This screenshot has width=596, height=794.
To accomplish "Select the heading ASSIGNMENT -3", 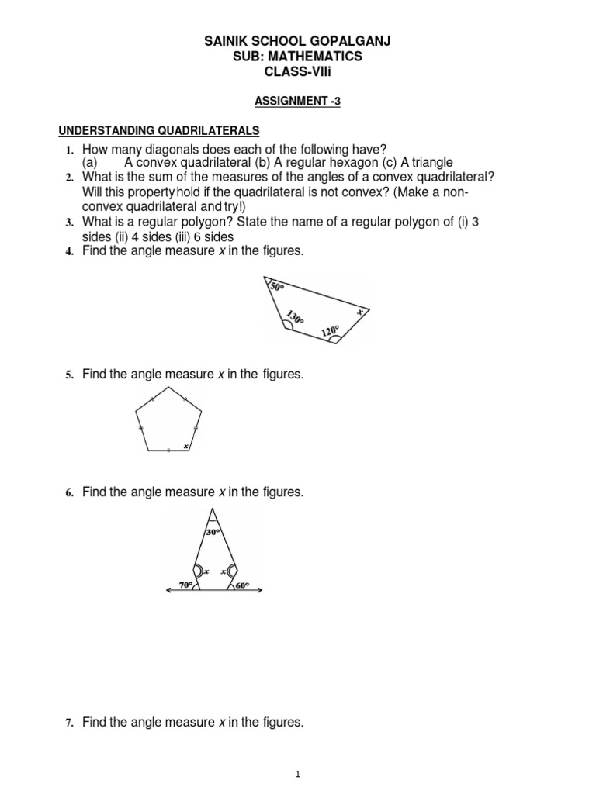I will pyautogui.click(x=298, y=101).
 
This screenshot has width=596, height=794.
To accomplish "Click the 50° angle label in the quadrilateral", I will pyautogui.click(x=277, y=287).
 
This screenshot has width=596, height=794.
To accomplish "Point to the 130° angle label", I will pyautogui.click(x=295, y=316).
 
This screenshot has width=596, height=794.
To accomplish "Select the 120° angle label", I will pyautogui.click(x=330, y=332).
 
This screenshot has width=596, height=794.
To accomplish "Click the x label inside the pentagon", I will pyautogui.click(x=185, y=446).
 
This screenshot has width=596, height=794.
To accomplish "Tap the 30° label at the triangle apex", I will pyautogui.click(x=214, y=532).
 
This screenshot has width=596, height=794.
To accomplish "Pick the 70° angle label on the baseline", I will pyautogui.click(x=185, y=585).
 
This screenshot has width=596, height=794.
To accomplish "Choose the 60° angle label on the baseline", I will pyautogui.click(x=242, y=585).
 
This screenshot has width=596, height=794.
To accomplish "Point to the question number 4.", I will pyautogui.click(x=68, y=251).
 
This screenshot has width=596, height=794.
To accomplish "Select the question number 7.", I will pyautogui.click(x=68, y=723).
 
